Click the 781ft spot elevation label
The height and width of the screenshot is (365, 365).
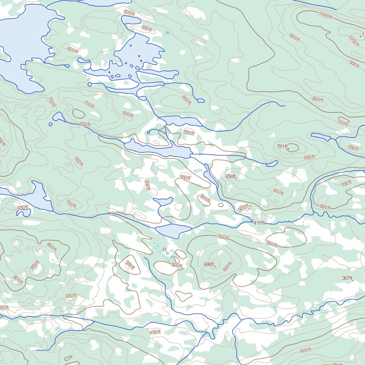click(282, 146)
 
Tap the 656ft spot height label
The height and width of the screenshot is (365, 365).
click(231, 176)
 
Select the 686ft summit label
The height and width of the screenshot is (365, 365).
click(209, 265)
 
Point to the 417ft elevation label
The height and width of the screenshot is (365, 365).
click(259, 223)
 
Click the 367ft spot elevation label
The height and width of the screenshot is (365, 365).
click(347, 278)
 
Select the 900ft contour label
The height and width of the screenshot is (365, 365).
click(295, 37)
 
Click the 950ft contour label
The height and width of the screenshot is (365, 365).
click(354, 64)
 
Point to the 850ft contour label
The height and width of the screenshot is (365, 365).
click(34, 265)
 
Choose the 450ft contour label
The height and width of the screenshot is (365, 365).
click(155, 332)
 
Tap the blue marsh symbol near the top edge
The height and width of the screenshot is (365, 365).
click(166, 33)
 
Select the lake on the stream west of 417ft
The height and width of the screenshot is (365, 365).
click(173, 231)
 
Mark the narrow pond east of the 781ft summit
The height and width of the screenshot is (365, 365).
click(321, 137)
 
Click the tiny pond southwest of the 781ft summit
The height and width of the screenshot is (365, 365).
click(272, 163)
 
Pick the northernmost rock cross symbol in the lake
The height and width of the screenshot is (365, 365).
click(130, 46)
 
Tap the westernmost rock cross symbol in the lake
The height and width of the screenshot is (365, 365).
click(109, 72)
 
